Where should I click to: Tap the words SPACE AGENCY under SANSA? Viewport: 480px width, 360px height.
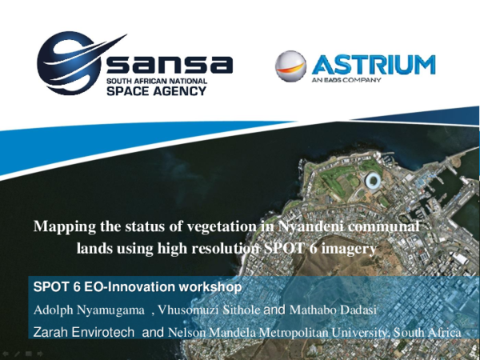click(x=158, y=90)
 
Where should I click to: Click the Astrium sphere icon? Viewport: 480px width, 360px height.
click(x=291, y=67)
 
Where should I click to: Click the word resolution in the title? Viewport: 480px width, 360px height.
click(x=224, y=249)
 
